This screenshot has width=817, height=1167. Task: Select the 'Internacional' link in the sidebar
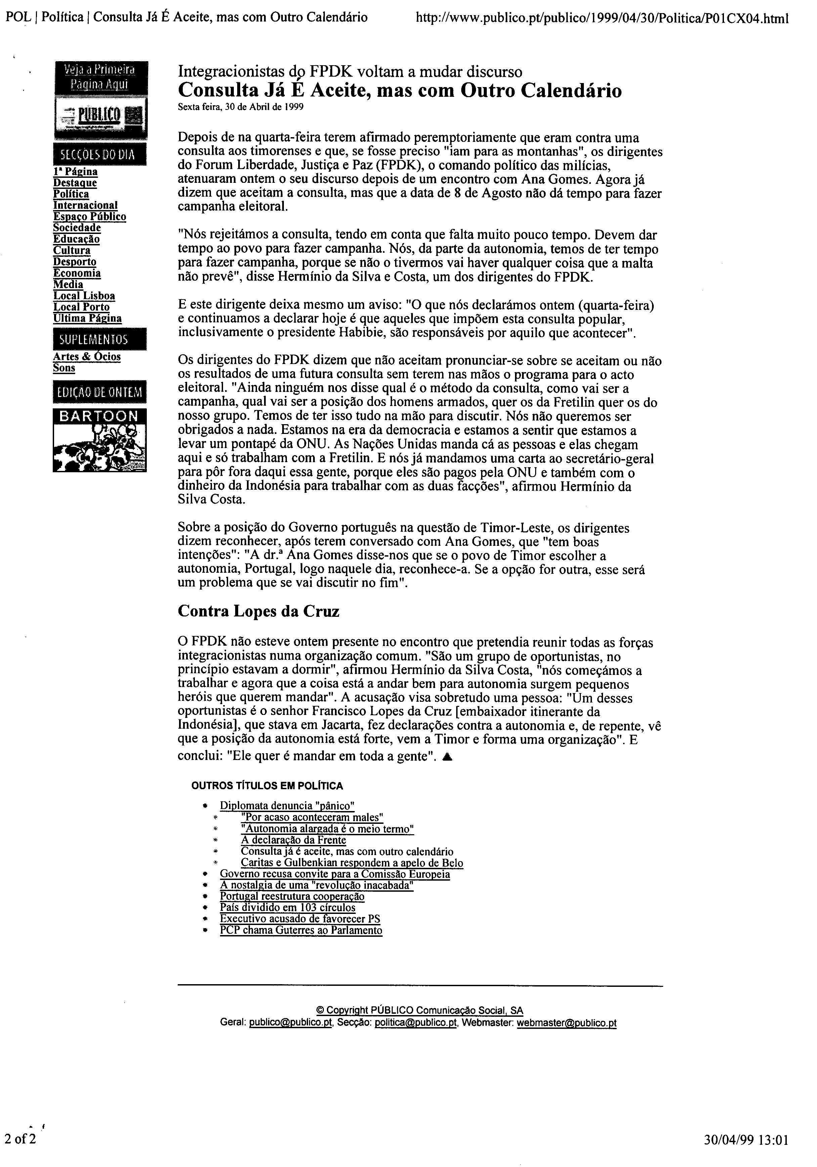85,205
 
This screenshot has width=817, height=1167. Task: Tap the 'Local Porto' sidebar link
81,307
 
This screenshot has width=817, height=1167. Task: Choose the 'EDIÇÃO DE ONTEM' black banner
99,392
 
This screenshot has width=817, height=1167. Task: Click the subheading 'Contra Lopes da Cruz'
258,611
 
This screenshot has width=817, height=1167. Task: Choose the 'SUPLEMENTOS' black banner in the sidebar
99,339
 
